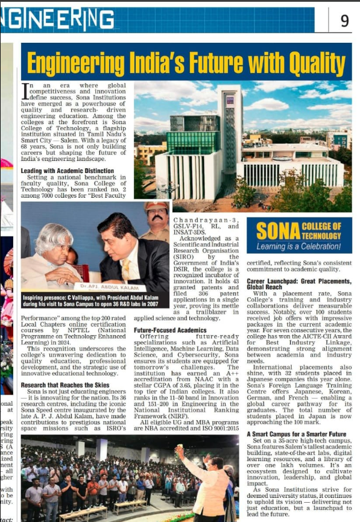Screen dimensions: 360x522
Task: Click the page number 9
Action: pyautogui.click(x=344, y=21)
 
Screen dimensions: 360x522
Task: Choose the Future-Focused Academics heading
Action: pyautogui.click(x=170, y=331)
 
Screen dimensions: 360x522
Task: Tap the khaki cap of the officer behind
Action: pyautogui.click(x=156, y=207)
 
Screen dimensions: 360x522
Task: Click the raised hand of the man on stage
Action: pyautogui.click(x=178, y=450)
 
